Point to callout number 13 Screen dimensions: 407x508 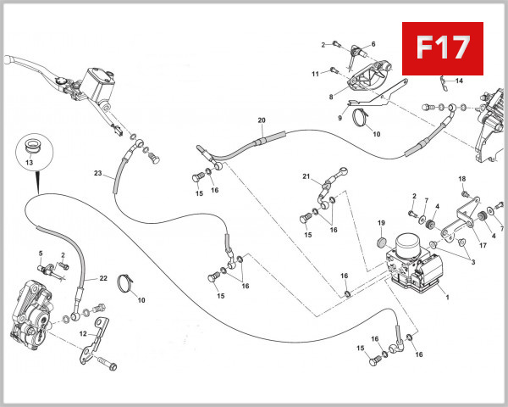point(30,161)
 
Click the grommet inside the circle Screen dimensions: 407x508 point(34,142)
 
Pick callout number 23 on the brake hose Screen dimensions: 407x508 point(97,174)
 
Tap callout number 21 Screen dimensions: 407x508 point(306,176)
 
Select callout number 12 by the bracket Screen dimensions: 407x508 point(82,334)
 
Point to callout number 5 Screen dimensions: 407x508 point(40,254)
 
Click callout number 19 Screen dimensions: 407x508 point(381,224)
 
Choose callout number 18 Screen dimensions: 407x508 point(462,179)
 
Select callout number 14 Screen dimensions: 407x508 point(459,81)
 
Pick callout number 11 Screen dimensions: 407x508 point(314,74)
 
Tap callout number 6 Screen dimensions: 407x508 point(373,44)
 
